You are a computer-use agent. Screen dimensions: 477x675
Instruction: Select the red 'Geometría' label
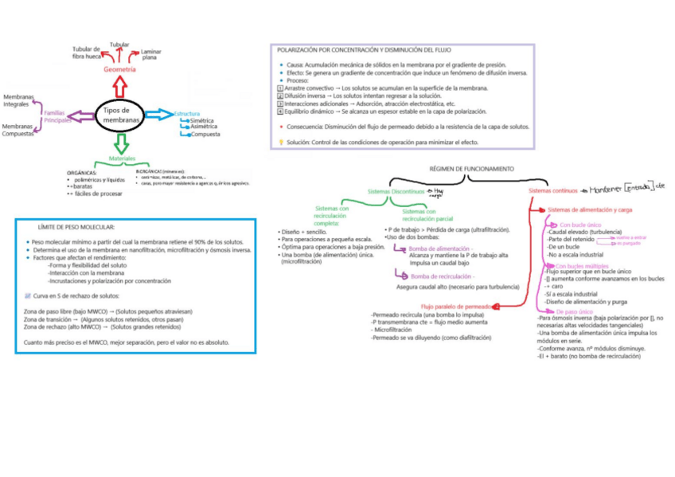pyautogui.click(x=119, y=69)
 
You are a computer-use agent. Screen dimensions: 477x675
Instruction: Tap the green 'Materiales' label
pyautogui.click(x=122, y=158)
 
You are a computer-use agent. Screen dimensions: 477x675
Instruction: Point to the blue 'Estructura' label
pyautogui.click(x=187, y=113)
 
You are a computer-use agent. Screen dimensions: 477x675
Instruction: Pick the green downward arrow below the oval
pyautogui.click(x=121, y=143)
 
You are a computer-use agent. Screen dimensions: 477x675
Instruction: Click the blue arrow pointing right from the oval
pyautogui.click(x=159, y=114)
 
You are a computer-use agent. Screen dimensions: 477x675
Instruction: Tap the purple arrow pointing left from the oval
pyautogui.click(x=82, y=116)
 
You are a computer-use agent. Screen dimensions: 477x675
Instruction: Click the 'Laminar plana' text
pyautogui.click(x=150, y=54)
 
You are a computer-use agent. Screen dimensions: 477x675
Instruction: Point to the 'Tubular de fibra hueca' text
pyautogui.click(x=87, y=53)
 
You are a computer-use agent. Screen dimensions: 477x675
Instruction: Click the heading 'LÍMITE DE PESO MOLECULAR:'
pyautogui.click(x=76, y=227)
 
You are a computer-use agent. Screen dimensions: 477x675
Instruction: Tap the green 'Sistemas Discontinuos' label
pyautogui.click(x=396, y=192)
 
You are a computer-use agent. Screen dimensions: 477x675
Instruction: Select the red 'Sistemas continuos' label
pyautogui.click(x=553, y=190)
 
